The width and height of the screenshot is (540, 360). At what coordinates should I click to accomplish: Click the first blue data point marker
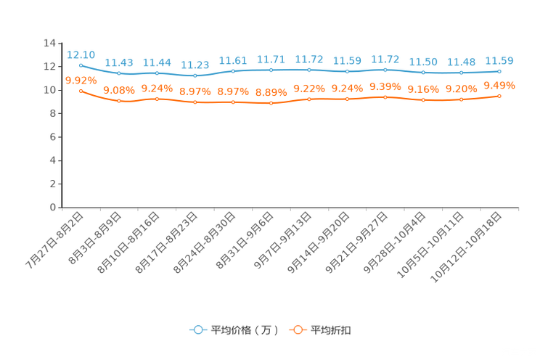click(80, 65)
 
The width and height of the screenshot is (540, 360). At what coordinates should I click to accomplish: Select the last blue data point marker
click(499, 71)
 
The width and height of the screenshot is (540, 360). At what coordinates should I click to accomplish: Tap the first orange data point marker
click(80, 91)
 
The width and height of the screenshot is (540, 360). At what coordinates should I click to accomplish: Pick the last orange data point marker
click(499, 96)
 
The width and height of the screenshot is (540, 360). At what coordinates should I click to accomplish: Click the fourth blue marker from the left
click(195, 75)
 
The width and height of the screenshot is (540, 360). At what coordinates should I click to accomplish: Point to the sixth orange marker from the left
click(271, 104)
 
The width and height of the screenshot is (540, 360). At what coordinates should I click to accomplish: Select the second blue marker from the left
click(118, 73)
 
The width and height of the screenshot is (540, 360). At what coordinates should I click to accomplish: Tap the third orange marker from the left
click(157, 99)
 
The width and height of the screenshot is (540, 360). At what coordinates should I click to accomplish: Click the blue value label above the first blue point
click(81, 54)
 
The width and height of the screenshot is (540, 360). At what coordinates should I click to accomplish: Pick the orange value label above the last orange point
click(499, 85)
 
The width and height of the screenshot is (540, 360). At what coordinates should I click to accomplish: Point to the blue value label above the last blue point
click(499, 61)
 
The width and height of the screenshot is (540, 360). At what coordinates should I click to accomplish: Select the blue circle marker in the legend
click(197, 330)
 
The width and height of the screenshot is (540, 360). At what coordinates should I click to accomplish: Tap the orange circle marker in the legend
click(297, 330)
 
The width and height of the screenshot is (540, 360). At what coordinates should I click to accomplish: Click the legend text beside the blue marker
click(244, 330)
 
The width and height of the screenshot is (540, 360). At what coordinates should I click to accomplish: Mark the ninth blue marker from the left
click(385, 69)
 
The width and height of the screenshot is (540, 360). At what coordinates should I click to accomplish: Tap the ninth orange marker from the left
click(385, 97)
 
